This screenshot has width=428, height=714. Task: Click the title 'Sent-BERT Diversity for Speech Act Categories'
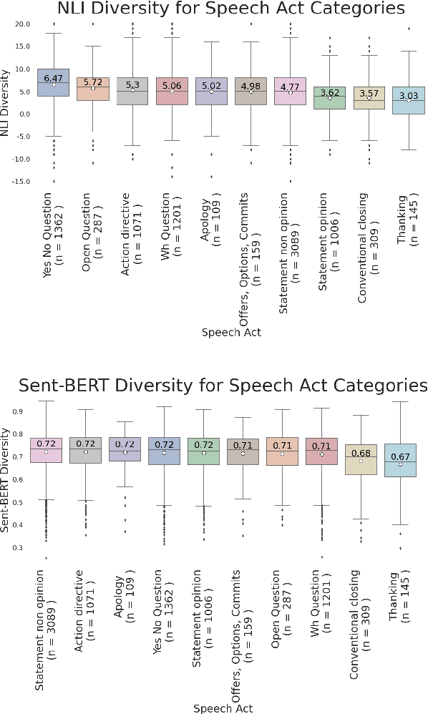(x=223, y=386)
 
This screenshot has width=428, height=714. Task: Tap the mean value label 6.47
(x=53, y=78)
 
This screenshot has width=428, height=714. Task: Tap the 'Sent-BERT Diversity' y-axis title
(x=6, y=480)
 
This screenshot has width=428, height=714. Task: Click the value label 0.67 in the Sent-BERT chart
(x=399, y=457)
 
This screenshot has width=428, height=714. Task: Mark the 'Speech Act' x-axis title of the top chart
(x=230, y=332)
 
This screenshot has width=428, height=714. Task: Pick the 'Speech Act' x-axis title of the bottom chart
(x=223, y=708)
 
